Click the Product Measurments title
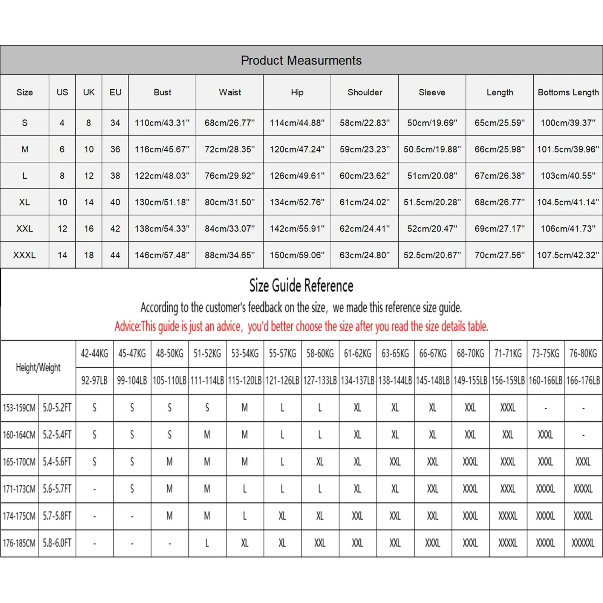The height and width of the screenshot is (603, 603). tap(301, 60)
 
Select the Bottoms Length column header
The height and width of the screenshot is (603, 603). tap(568, 92)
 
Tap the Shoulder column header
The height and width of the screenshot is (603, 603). tap(365, 92)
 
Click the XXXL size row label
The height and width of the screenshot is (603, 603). tap(24, 255)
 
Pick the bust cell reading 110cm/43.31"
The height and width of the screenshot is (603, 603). tap(162, 123)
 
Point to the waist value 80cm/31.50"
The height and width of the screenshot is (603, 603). tap(230, 202)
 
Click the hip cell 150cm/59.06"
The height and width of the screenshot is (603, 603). tap(297, 255)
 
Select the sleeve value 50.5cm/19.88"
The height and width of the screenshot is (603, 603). tap(432, 149)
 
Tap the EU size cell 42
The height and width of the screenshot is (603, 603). tap(115, 229)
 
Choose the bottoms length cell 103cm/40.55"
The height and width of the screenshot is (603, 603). tap(568, 176)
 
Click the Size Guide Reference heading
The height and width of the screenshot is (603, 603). tap(301, 286)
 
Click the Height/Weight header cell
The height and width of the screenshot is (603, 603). tap(38, 367)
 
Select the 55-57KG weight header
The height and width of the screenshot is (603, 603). tap(282, 354)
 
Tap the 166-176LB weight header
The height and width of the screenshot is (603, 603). tap(583, 381)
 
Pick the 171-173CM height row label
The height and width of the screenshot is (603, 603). tap(19, 489)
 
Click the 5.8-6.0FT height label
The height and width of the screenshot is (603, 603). tap(57, 543)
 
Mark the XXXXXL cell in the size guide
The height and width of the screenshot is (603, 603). tap(583, 543)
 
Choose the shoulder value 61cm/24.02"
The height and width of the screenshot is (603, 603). tap(364, 202)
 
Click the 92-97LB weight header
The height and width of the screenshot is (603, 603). tap(94, 381)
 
